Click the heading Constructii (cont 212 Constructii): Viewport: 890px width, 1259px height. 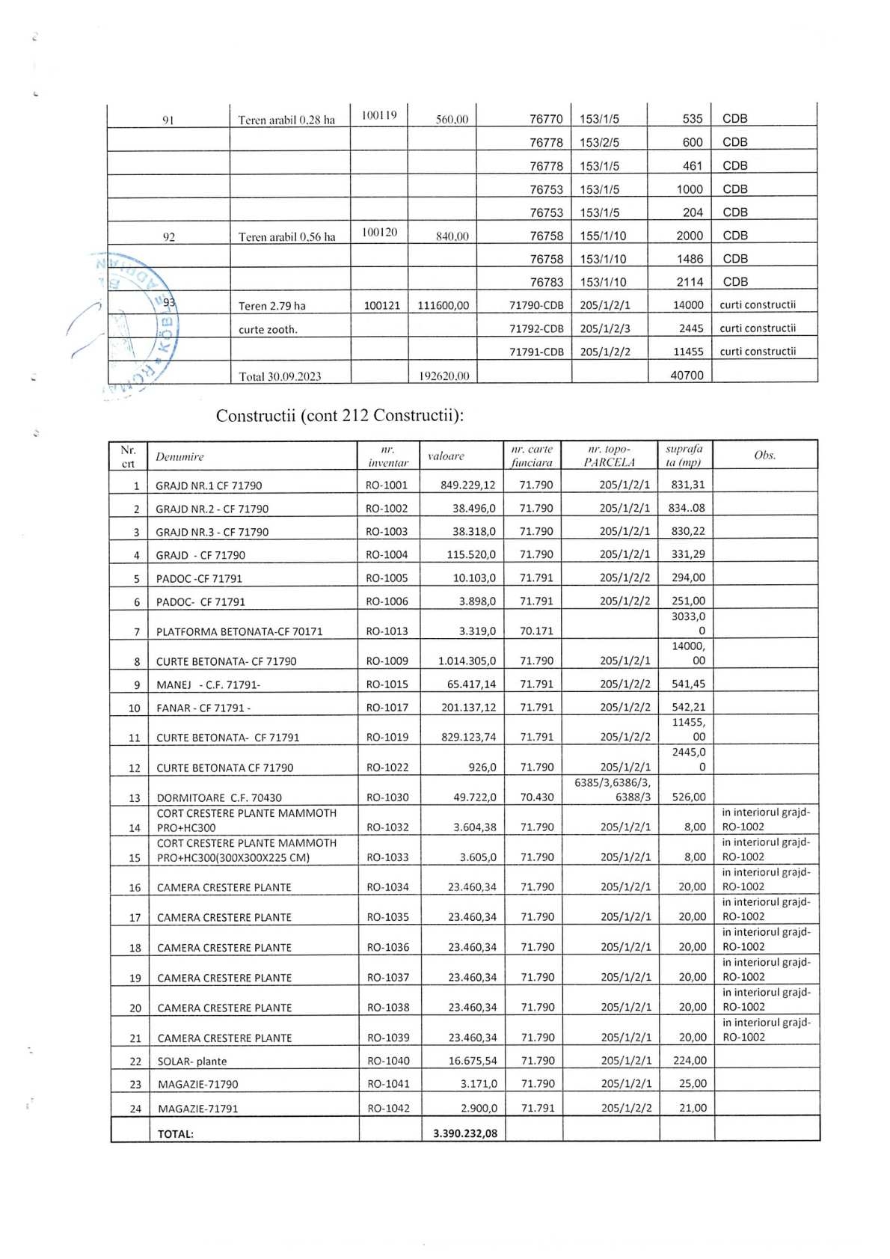click(340, 415)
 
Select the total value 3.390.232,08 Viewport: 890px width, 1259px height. click(464, 1133)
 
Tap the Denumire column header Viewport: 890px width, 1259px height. click(179, 456)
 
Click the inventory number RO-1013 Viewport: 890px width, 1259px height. click(387, 631)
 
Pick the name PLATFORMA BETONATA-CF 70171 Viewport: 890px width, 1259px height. click(239, 631)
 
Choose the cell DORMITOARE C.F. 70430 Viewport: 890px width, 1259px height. click(219, 797)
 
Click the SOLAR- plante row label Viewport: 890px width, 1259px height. click(191, 1061)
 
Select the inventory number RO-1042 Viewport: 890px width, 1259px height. click(388, 1108)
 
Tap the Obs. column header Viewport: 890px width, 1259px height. click(764, 455)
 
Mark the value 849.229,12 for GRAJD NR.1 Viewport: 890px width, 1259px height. click(467, 485)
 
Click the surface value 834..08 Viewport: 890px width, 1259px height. click(687, 508)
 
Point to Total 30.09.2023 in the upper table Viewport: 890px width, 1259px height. click(280, 376)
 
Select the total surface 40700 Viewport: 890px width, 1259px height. click(686, 375)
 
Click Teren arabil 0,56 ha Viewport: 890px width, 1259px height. click(286, 236)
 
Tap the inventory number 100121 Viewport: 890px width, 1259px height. click(381, 305)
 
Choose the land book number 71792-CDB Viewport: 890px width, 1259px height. click(536, 328)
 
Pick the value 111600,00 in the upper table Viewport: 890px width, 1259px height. click(443, 305)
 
